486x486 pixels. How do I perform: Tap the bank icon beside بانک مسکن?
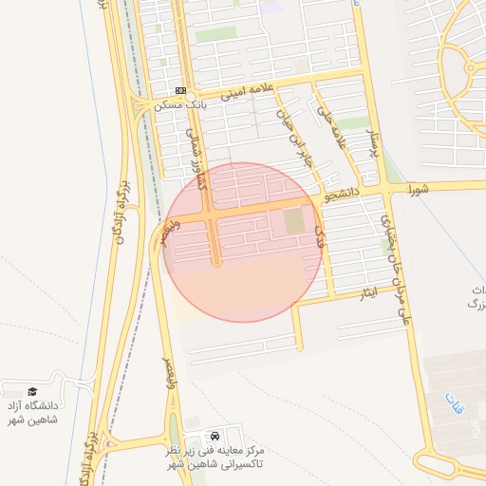point(180,90)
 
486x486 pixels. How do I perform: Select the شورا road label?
point(421,188)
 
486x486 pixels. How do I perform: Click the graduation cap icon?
point(32,391)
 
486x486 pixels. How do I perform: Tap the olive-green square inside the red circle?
point(294,222)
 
